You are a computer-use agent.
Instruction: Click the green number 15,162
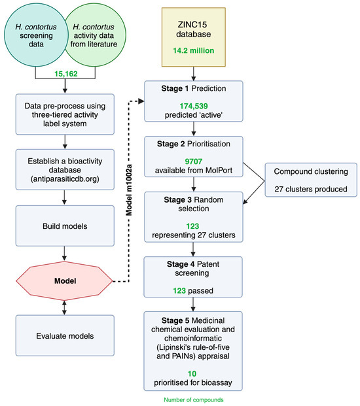click(66, 74)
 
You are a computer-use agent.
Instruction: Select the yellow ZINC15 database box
click(194, 37)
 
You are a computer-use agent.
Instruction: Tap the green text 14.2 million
click(194, 50)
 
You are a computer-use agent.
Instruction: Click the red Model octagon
click(65, 281)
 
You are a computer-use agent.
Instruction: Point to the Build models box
click(65, 226)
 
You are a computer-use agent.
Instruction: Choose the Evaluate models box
click(65, 335)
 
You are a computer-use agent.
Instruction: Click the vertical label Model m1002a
click(129, 190)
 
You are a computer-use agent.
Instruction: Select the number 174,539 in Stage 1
click(194, 106)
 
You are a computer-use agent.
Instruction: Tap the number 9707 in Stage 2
click(193, 161)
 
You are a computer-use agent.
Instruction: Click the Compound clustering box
click(311, 180)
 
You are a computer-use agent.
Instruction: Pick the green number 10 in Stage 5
click(192, 373)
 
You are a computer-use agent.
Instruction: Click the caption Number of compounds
click(194, 399)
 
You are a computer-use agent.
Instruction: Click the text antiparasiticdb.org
click(65, 178)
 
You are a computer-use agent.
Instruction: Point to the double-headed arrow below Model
click(64, 308)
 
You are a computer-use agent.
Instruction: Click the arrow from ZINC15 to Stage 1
click(193, 74)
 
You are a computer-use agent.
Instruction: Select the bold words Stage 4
click(181, 264)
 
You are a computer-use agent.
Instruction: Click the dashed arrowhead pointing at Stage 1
click(141, 101)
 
